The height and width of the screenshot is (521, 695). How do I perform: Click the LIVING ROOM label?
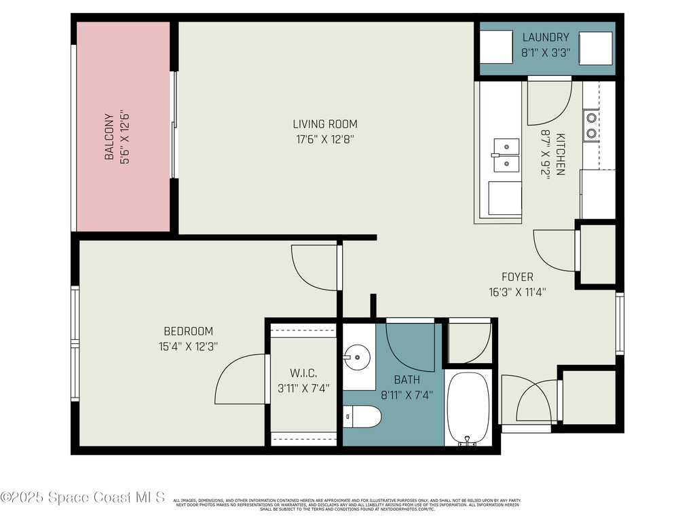tap(324, 124)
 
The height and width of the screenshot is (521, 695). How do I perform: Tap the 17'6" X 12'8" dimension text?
tap(324, 139)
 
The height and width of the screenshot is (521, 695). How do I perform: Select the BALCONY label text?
tap(109, 136)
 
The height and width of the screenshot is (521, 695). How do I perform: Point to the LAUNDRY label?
tap(545, 37)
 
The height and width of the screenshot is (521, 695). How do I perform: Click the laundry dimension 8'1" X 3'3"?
tap(545, 52)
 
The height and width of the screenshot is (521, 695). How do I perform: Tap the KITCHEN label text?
tap(560, 154)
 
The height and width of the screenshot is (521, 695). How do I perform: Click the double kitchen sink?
tap(506, 155)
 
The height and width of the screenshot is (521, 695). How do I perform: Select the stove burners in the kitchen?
tap(590, 125)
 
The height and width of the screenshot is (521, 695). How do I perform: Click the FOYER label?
tap(517, 277)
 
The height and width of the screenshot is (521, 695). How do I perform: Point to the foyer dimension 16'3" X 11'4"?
tap(517, 292)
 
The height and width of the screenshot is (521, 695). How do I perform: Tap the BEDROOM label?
tap(188, 331)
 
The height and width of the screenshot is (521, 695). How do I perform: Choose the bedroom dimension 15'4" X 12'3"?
tap(188, 346)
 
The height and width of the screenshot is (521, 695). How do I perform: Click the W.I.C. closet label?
tap(303, 374)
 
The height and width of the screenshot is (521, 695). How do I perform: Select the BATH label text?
tap(407, 380)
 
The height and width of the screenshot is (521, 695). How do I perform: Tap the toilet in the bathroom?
tap(358, 415)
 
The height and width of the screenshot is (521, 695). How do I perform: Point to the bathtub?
tap(468, 407)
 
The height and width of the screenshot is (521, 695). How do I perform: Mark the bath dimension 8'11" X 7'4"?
tap(407, 394)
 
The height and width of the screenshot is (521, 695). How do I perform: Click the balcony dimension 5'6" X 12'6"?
tap(124, 136)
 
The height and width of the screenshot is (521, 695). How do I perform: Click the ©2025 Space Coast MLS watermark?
tap(83, 498)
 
